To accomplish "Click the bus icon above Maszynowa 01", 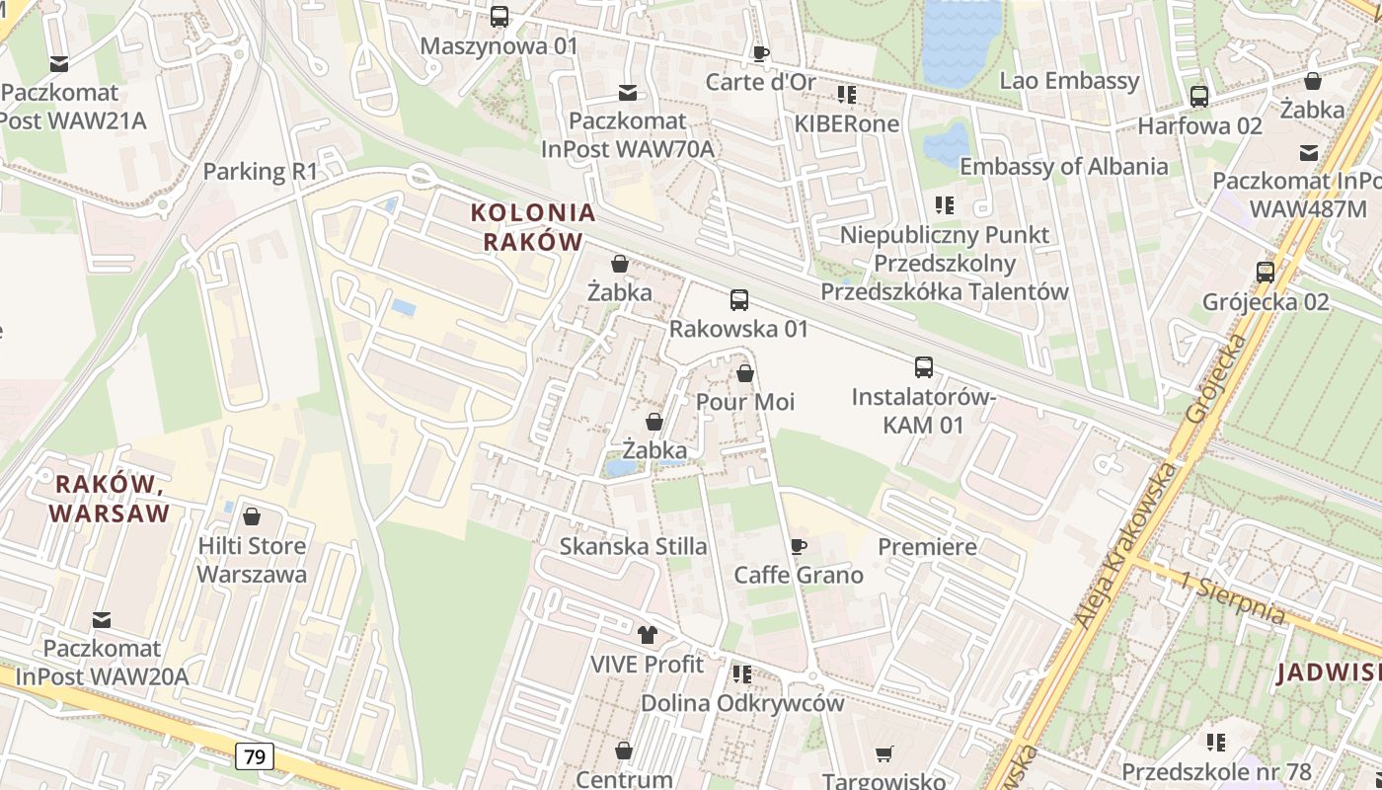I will pyautogui.click(x=499, y=17).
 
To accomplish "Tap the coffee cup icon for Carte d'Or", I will pyautogui.click(x=760, y=52).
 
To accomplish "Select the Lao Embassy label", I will pyautogui.click(x=1069, y=81).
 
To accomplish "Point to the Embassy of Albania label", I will pyautogui.click(x=1063, y=166).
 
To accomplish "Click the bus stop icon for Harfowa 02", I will pyautogui.click(x=1199, y=96).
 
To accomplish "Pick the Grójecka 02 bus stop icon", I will pyautogui.click(x=1266, y=272).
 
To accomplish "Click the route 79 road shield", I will pyautogui.click(x=255, y=756).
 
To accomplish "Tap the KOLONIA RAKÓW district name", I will pyautogui.click(x=533, y=227).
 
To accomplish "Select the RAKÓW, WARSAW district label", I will pyautogui.click(x=109, y=499).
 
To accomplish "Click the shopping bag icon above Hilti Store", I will pyautogui.click(x=252, y=516).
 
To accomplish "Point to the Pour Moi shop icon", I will pyautogui.click(x=745, y=373).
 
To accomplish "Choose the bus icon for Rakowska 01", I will pyautogui.click(x=739, y=299).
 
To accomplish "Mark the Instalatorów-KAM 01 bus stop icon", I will pyautogui.click(x=924, y=367).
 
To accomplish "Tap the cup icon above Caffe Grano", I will pyautogui.click(x=799, y=546).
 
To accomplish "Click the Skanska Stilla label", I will pyautogui.click(x=633, y=546).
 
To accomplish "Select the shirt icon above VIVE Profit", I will pyautogui.click(x=648, y=635).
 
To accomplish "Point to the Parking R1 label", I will pyautogui.click(x=261, y=171).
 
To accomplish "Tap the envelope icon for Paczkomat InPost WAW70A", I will pyautogui.click(x=627, y=93).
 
